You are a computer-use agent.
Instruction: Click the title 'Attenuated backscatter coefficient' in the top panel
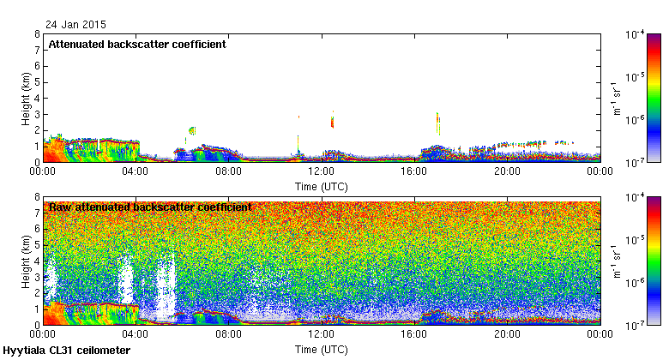(x=137, y=44)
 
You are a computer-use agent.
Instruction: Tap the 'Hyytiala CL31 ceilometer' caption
(x=67, y=351)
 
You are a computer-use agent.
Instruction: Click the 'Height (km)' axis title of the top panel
(x=27, y=98)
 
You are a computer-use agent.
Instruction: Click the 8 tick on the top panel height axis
(x=36, y=35)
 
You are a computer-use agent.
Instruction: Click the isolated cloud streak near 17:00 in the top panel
(x=438, y=123)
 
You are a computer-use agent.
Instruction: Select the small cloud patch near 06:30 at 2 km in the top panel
(x=191, y=130)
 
